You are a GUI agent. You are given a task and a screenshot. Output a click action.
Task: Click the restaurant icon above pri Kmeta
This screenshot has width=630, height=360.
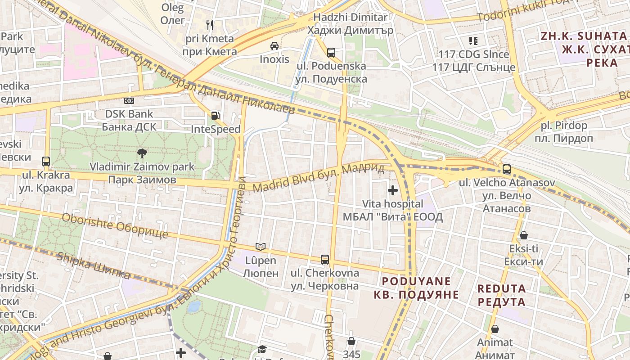point(209,25)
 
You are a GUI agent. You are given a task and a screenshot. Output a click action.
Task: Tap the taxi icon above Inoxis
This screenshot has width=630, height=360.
point(274,45)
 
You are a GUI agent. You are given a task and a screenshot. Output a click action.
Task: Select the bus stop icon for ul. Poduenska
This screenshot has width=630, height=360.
point(331,52)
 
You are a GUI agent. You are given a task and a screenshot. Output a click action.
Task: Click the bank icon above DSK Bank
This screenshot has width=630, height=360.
point(129,101)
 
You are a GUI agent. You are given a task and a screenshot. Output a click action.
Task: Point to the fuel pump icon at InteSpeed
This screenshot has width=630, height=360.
point(216,116)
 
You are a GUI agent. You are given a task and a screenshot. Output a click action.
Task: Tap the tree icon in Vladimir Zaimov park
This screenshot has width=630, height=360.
point(142,153)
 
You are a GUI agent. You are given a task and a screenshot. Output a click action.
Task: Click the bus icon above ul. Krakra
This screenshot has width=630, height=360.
point(45,161)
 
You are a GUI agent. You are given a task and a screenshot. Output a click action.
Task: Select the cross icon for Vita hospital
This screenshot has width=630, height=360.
point(393,190)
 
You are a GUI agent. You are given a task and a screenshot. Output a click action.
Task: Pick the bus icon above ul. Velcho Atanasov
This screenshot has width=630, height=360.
point(507,169)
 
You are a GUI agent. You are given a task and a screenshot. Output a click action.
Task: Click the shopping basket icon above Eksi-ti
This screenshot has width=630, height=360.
point(523,235)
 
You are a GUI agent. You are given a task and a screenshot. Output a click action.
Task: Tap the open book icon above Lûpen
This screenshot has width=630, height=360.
point(261,247)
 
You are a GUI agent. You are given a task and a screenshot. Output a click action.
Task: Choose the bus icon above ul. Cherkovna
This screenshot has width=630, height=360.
point(325,259)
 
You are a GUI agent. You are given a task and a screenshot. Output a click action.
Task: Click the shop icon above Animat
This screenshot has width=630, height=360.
point(495,329)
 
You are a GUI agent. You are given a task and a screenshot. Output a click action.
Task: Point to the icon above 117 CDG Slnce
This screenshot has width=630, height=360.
point(473,41)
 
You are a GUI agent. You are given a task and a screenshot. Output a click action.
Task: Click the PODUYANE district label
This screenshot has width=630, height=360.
point(416,288)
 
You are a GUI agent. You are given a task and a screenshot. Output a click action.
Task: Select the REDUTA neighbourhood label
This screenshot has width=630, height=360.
point(501,295)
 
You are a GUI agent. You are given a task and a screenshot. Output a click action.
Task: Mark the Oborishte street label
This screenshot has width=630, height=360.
point(115,226)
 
